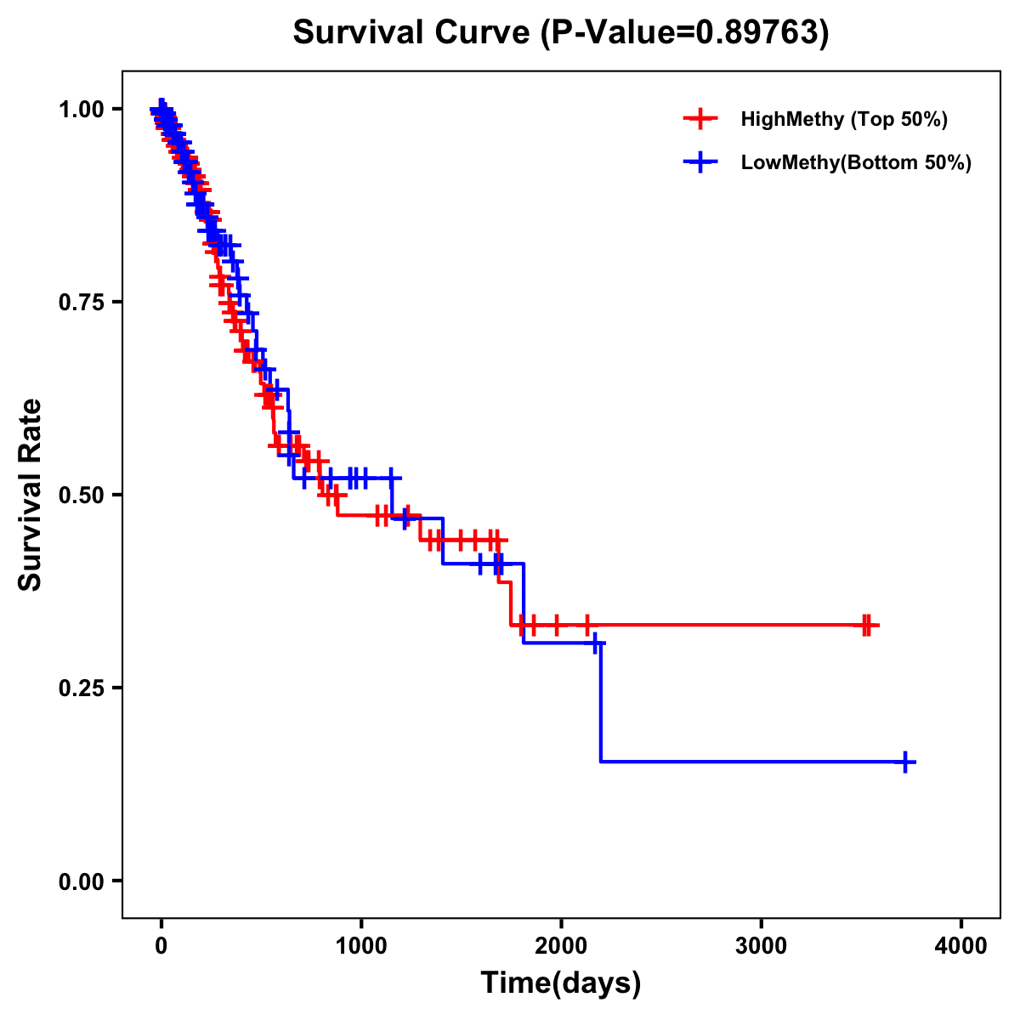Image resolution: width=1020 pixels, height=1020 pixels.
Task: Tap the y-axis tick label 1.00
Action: [x=82, y=110]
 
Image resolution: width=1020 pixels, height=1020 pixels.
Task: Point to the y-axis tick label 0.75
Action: [x=82, y=303]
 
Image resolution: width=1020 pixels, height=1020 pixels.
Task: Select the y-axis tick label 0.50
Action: [x=82, y=496]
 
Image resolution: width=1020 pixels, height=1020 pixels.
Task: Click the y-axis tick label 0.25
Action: [x=82, y=688]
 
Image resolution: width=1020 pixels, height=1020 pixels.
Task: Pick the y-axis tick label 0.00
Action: [x=82, y=881]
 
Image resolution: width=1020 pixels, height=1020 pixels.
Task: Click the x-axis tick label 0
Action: [x=161, y=946]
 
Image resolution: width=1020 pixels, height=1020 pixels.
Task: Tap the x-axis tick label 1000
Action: [x=361, y=946]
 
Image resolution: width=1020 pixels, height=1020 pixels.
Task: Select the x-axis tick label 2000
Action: [x=561, y=946]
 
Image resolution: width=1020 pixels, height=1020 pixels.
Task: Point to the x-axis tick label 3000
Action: [x=762, y=946]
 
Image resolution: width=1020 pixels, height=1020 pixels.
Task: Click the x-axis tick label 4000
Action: [x=961, y=946]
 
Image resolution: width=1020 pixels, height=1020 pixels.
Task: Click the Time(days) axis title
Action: [x=561, y=983]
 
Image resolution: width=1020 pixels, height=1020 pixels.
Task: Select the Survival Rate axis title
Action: [x=31, y=495]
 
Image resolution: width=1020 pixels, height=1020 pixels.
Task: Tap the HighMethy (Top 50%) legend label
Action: [x=844, y=119]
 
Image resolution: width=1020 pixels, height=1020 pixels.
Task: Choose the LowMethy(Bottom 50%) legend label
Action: [x=856, y=162]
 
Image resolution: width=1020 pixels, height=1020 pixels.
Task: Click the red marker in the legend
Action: [x=700, y=119]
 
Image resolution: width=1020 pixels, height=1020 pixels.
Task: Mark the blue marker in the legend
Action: [x=700, y=162]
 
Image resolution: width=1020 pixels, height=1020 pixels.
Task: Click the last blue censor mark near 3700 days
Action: [x=907, y=762]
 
